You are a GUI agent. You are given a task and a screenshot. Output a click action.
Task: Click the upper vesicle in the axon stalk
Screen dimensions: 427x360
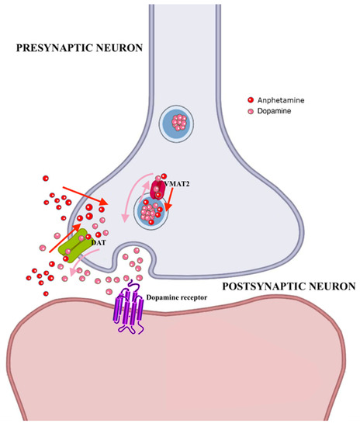coord(179,122)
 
